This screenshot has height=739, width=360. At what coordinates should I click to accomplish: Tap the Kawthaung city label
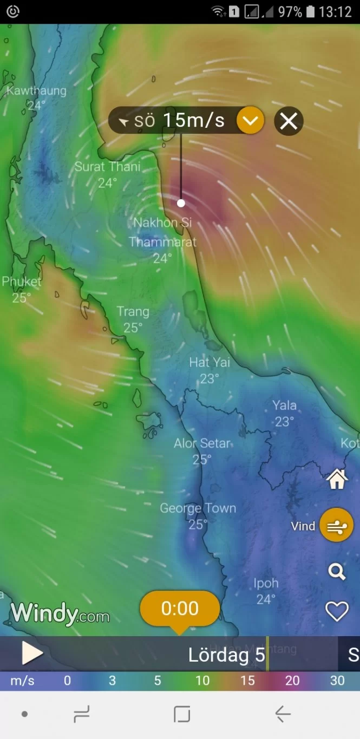click(x=36, y=91)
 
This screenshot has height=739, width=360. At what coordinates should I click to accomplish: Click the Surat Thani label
click(x=107, y=167)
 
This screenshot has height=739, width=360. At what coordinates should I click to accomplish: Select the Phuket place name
click(x=22, y=282)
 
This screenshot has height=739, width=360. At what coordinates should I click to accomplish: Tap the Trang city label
click(x=133, y=312)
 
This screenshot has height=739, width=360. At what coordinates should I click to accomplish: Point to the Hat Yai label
click(x=210, y=363)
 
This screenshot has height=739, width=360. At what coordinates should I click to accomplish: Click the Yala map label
click(x=284, y=406)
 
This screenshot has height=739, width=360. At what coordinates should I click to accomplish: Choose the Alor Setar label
click(x=202, y=444)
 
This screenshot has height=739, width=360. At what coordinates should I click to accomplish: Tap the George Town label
click(x=198, y=509)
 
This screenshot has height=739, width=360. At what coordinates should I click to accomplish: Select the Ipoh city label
click(x=266, y=584)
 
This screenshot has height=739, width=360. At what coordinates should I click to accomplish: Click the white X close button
click(x=289, y=121)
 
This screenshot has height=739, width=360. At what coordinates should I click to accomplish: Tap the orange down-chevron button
click(x=250, y=121)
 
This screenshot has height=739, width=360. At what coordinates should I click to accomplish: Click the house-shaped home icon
click(x=336, y=479)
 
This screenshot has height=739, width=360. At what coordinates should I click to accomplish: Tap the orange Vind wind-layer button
click(x=336, y=525)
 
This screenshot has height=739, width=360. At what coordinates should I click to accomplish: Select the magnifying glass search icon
click(x=336, y=571)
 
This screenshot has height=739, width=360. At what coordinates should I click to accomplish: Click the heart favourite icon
click(x=336, y=612)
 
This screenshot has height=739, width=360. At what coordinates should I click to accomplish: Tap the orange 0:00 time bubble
click(x=180, y=609)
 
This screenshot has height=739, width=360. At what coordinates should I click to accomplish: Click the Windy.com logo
click(x=60, y=614)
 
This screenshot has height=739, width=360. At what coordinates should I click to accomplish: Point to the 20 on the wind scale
click(x=292, y=681)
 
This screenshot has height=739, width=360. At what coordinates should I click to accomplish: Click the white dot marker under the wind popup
click(x=181, y=203)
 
